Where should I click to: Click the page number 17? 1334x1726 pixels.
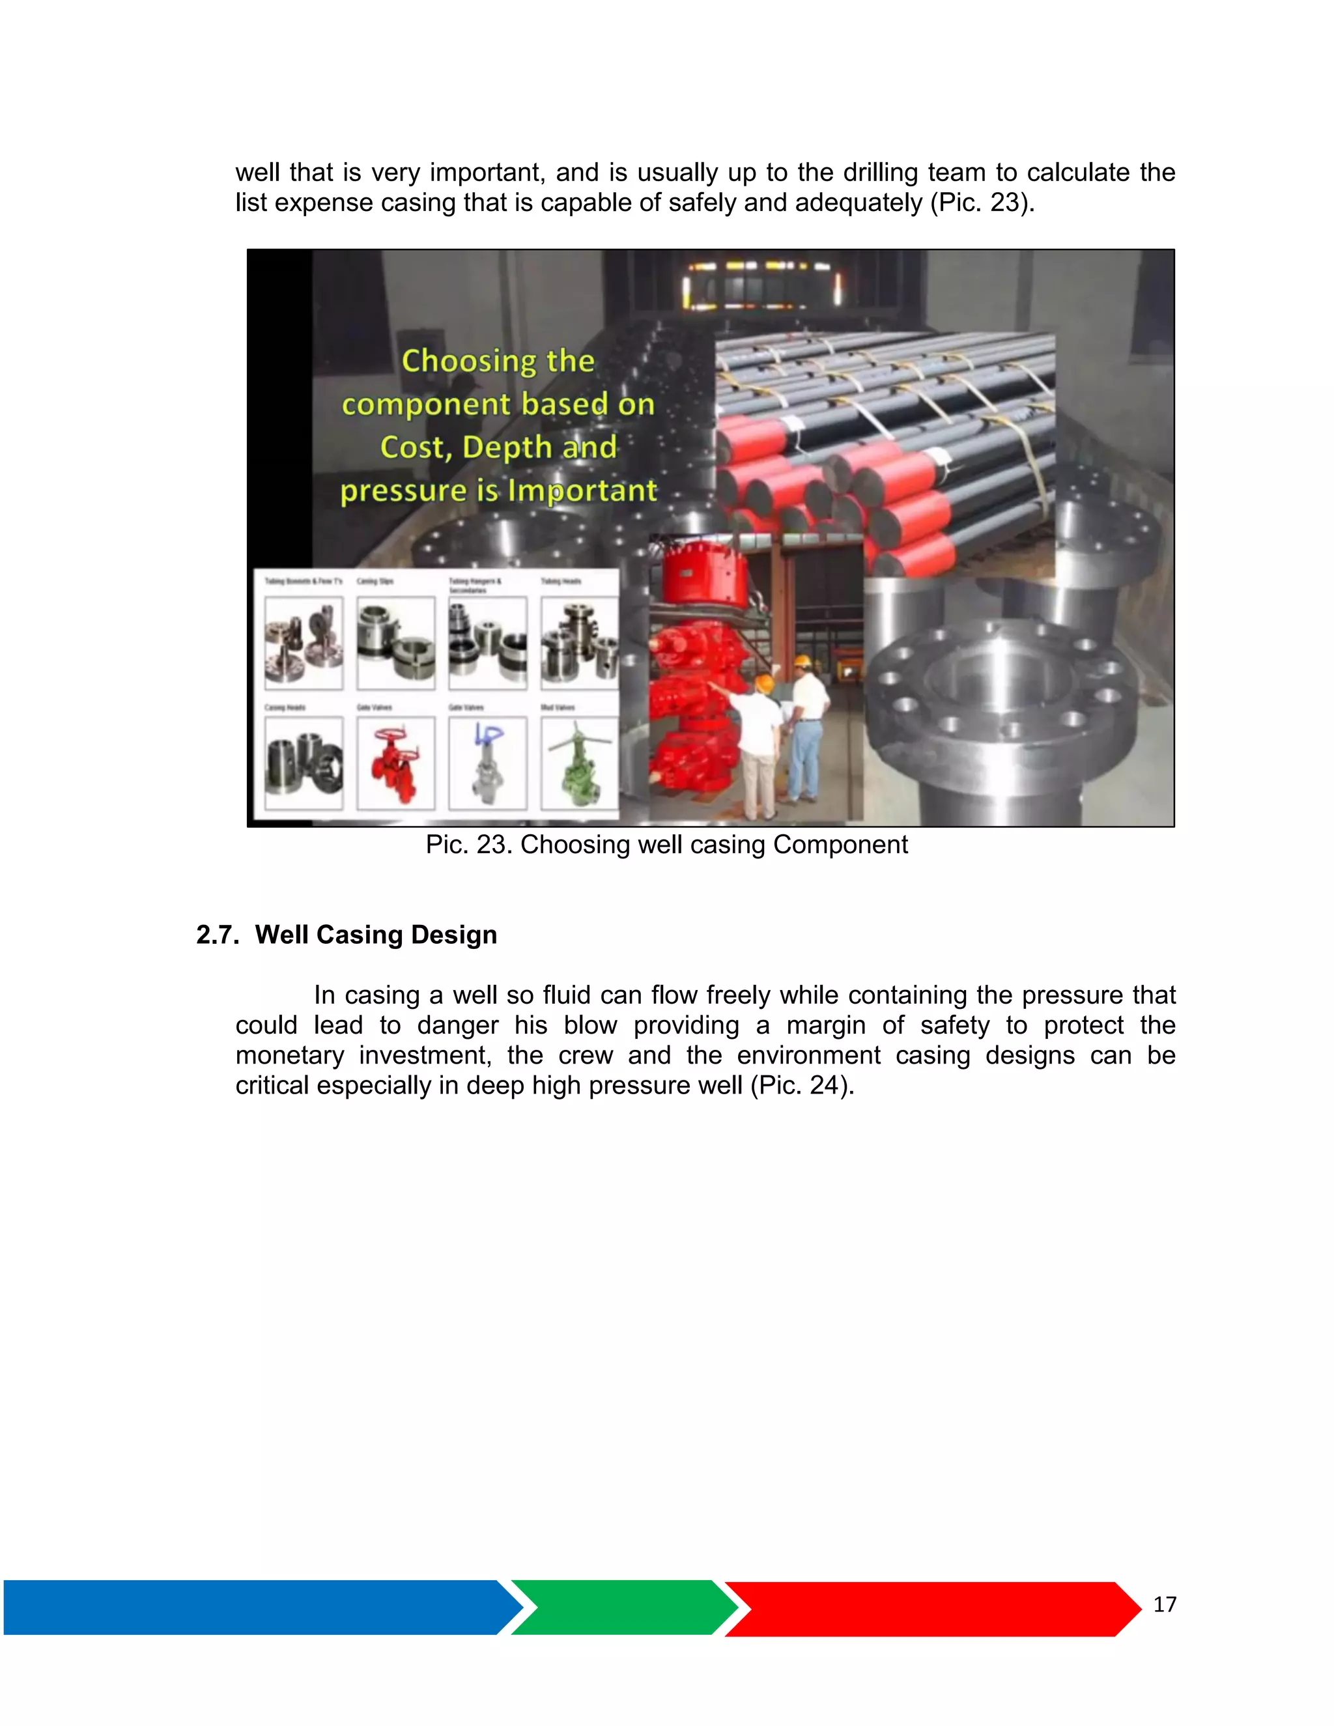(x=1164, y=1604)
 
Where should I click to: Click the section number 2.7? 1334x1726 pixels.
(x=218, y=935)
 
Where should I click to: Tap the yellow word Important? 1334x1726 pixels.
(x=582, y=491)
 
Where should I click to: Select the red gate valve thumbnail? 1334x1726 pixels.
(x=395, y=763)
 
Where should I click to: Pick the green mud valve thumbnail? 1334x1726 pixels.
(x=579, y=763)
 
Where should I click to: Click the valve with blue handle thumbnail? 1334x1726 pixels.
(x=488, y=763)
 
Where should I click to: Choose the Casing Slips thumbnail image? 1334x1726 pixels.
(x=395, y=642)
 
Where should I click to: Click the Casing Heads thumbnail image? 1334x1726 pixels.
(x=304, y=763)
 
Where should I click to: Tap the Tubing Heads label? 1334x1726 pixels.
(x=560, y=582)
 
